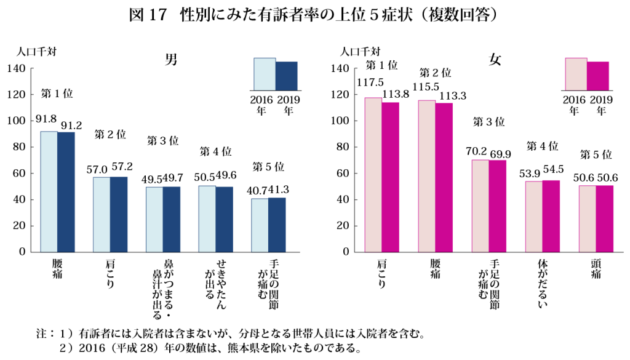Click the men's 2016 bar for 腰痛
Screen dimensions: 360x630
pyautogui.click(x=49, y=191)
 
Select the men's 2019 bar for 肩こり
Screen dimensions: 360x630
pyautogui.click(x=119, y=214)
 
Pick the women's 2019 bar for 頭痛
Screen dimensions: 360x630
pyautogui.click(x=605, y=218)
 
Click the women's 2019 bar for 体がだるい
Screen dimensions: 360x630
pyautogui.click(x=551, y=216)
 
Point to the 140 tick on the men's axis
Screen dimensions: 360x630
pyautogui.click(x=17, y=69)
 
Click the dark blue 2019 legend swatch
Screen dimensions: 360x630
pyautogui.click(x=286, y=75)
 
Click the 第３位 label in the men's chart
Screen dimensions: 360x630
pyautogui.click(x=162, y=141)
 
